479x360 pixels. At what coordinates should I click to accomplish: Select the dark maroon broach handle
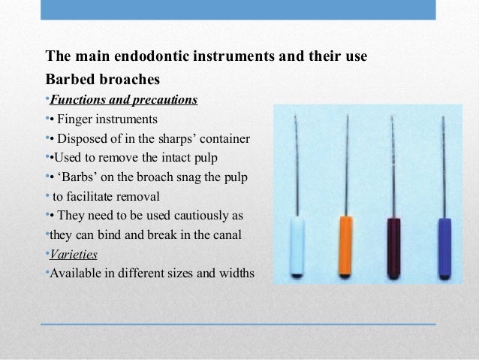pos(393,247)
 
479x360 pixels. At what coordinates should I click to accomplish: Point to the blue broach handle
pos(443,246)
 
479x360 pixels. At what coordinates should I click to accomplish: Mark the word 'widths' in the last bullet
pos(235,273)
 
